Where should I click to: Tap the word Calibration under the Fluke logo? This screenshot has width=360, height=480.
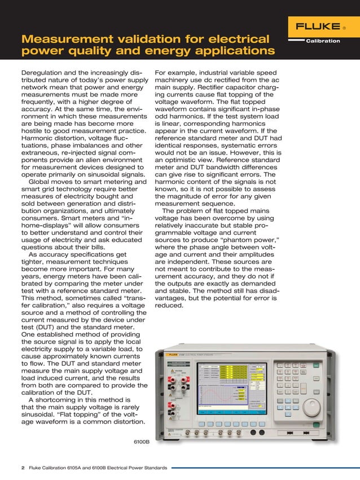click(x=323, y=41)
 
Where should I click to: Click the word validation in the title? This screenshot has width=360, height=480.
click(x=153, y=40)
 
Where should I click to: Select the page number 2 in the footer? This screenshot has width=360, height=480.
click(x=23, y=468)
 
